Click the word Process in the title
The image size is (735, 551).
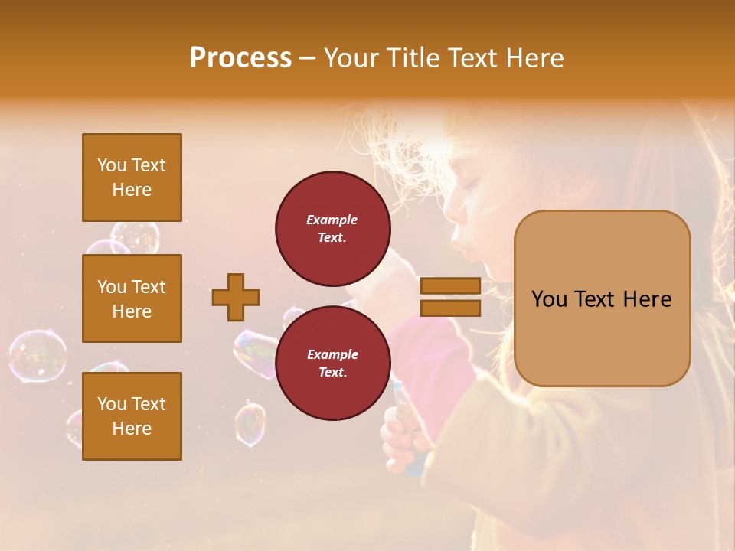click(240, 58)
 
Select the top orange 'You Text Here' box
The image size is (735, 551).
click(132, 178)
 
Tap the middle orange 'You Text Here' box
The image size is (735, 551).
click(132, 298)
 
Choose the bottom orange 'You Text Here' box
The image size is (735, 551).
click(132, 416)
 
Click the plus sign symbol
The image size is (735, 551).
click(236, 297)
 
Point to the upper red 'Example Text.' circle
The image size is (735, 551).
click(332, 228)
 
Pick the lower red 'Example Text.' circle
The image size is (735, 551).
click(332, 363)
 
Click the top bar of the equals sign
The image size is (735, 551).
click(450, 285)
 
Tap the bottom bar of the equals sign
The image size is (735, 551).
click(450, 308)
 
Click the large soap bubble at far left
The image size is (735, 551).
click(37, 356)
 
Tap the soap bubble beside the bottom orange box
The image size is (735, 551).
click(250, 425)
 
